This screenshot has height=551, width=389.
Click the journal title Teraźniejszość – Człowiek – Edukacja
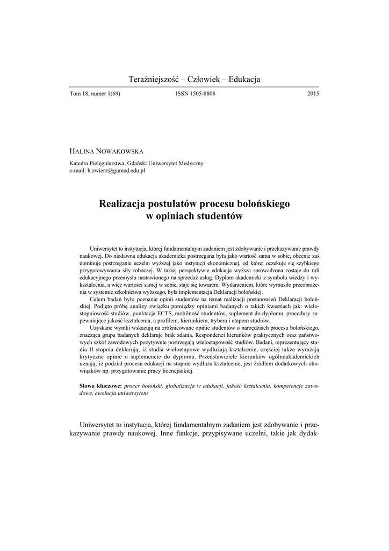pyautogui.click(x=195, y=80)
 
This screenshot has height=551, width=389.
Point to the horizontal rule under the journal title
pyautogui.click(x=195, y=87)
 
